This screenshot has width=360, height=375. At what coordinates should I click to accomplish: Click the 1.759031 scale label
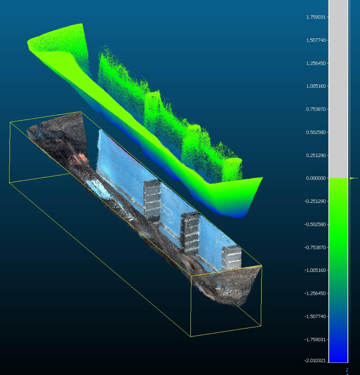316,17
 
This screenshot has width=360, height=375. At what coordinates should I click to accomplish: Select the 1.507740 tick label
316,40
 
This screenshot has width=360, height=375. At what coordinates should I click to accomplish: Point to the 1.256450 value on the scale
316,63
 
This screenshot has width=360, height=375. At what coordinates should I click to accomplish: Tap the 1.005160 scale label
316,86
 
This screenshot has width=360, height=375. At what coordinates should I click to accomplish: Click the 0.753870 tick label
316,109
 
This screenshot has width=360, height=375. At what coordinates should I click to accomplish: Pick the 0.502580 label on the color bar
316,132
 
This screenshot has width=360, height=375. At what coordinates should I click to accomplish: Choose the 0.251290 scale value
316,155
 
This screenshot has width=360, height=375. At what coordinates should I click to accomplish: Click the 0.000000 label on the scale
316,178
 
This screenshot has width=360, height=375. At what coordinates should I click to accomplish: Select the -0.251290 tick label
315,201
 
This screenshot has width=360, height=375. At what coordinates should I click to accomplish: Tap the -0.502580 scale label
315,224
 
